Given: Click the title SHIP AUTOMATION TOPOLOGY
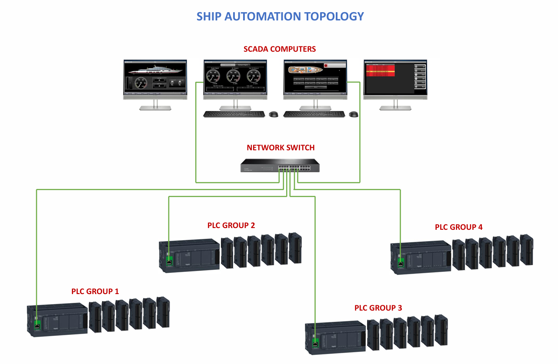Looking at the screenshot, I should pos(280,17).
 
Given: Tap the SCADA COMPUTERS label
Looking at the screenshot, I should pos(280,49).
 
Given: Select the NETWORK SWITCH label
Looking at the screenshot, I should pos(281,148).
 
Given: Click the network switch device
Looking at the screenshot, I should pos(280,165).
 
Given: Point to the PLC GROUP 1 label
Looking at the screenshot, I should pos(95,291).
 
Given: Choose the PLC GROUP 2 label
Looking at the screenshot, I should pos(231,225).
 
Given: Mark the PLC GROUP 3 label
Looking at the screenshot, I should pos(378,308).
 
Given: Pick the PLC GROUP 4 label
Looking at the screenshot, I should pos(458,227).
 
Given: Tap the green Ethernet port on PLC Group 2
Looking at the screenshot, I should pos(169,261).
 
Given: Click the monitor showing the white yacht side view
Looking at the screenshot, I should pos(155,78).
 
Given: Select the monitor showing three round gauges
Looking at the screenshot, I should pos(235,78).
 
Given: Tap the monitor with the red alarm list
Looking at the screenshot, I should pos(395,78).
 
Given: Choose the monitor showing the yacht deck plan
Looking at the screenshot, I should pos(315,78).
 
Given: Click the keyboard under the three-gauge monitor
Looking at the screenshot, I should pos(234,114).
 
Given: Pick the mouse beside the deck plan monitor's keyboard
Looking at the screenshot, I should pos(354,115).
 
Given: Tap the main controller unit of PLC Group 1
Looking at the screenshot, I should pos(59,319).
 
